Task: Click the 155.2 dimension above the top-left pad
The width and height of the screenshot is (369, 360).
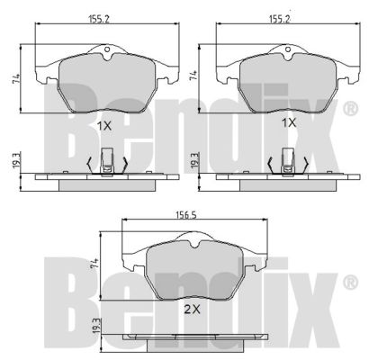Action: click(99, 19)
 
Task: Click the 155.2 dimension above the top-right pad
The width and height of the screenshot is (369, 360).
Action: click(280, 19)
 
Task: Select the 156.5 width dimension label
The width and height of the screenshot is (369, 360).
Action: click(186, 215)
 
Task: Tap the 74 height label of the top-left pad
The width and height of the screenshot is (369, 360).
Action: click(16, 79)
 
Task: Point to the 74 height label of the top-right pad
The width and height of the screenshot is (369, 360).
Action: click(193, 75)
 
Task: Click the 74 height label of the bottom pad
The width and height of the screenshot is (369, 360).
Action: click(95, 263)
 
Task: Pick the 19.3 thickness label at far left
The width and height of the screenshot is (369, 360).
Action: click(16, 161)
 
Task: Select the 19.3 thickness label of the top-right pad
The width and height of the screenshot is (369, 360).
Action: click(194, 161)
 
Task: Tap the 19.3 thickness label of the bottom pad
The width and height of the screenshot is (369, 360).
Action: click(96, 327)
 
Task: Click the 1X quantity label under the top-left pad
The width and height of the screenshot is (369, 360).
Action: click(104, 126)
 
